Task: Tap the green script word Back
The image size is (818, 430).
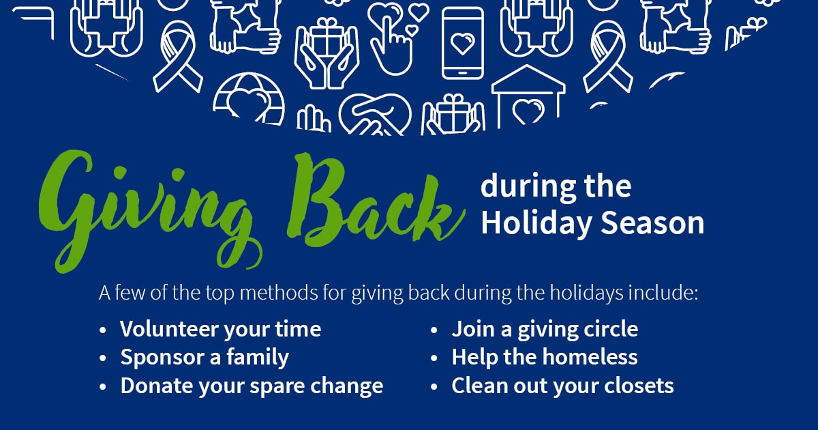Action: (376, 201)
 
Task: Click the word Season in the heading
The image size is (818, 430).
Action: (652, 223)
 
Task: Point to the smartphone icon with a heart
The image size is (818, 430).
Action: (463, 43)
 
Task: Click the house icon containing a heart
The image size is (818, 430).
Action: (528, 97)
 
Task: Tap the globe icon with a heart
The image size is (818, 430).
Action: (249, 98)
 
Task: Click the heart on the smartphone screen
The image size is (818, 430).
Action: (462, 44)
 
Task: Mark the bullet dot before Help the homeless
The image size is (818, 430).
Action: (434, 358)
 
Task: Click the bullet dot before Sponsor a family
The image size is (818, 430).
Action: (103, 358)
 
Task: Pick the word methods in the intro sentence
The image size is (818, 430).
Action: (279, 293)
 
